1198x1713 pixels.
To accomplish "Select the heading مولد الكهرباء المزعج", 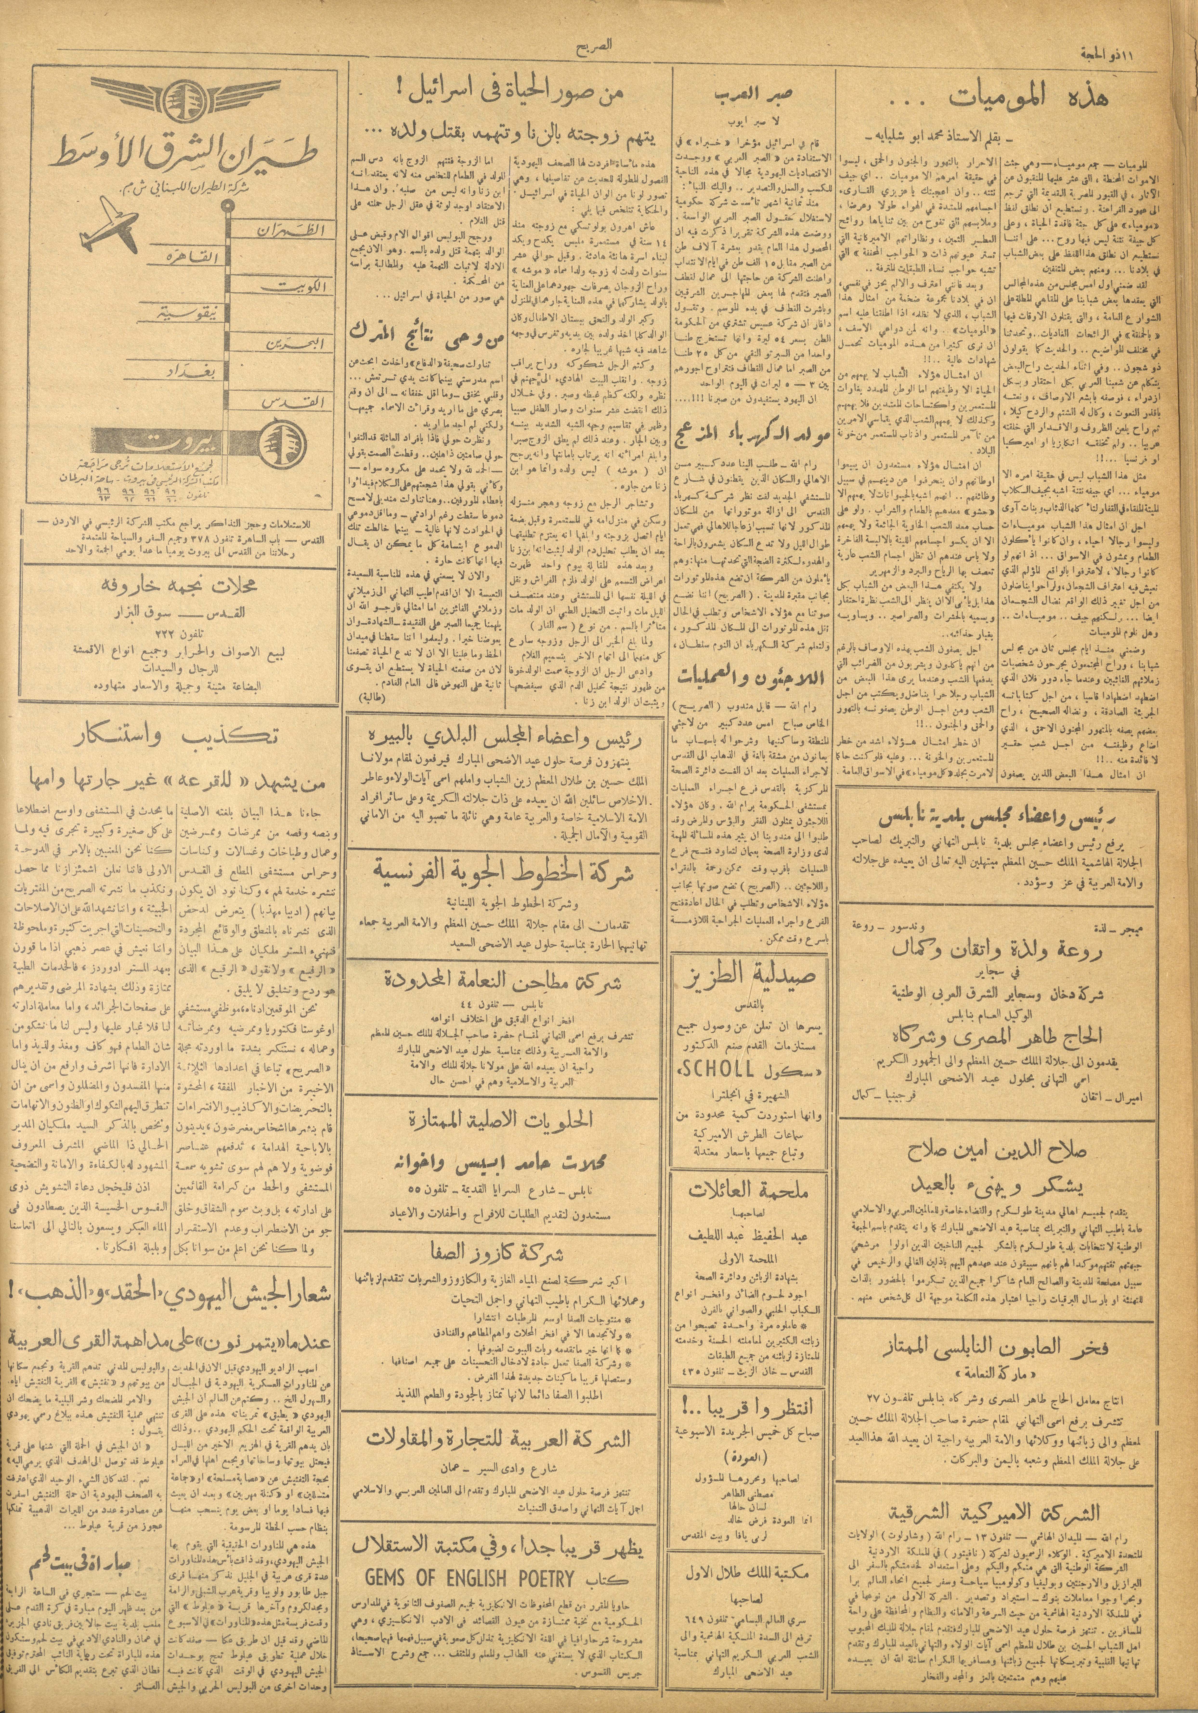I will (753, 431).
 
